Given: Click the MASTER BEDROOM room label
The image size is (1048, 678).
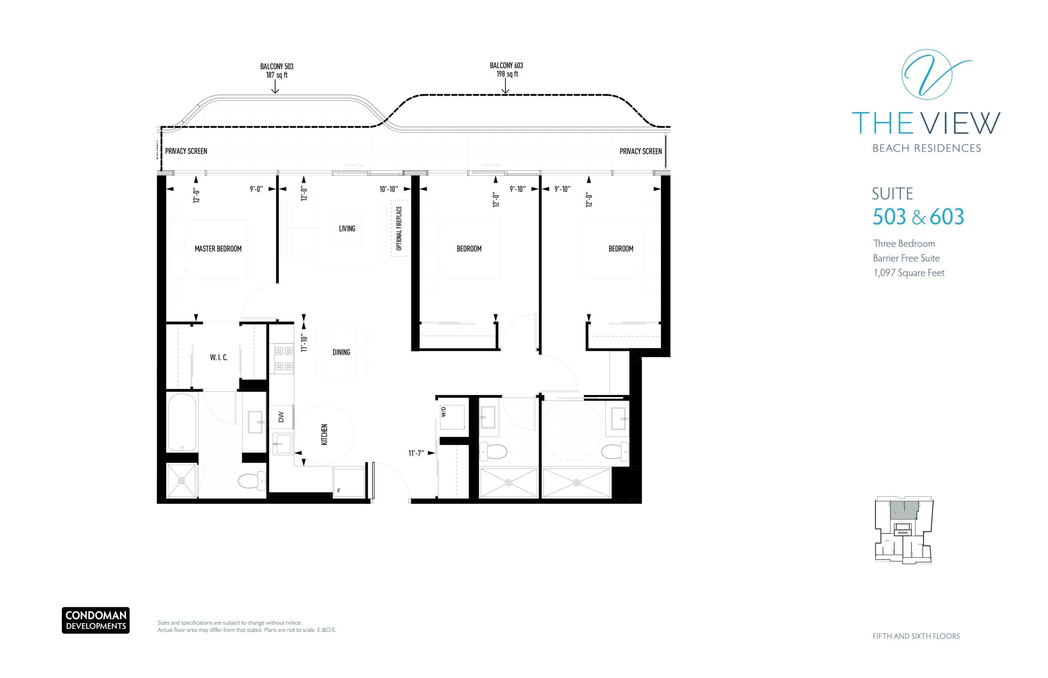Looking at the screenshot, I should pyautogui.click(x=218, y=249).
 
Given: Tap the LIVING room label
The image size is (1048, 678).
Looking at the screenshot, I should pyautogui.click(x=347, y=228).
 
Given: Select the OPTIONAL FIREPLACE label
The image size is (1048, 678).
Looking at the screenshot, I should pyautogui.click(x=399, y=228).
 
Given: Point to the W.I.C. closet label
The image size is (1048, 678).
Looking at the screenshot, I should pyautogui.click(x=219, y=357).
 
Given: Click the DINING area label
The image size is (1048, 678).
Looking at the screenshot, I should pyautogui.click(x=341, y=352).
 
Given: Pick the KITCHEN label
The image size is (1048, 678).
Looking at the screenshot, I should pyautogui.click(x=324, y=434).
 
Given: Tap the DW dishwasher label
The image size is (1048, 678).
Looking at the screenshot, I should pyautogui.click(x=281, y=416).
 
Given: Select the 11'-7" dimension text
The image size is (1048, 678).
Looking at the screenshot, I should pyautogui.click(x=416, y=453).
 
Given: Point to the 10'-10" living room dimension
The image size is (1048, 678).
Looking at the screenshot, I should pyautogui.click(x=388, y=189).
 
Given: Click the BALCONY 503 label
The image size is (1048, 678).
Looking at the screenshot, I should pyautogui.click(x=276, y=66).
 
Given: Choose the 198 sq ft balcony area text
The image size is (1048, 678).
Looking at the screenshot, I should pyautogui.click(x=507, y=74).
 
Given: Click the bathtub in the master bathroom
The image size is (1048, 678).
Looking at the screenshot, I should pyautogui.click(x=182, y=422).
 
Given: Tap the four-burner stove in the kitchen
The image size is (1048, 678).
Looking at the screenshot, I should pyautogui.click(x=284, y=358).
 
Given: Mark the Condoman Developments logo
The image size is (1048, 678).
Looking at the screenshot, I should pyautogui.click(x=95, y=620).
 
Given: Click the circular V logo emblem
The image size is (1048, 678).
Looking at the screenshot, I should pyautogui.click(x=926, y=75).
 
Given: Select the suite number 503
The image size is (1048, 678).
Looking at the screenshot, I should pyautogui.click(x=889, y=217).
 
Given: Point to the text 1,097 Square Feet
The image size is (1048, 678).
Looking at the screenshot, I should pyautogui.click(x=909, y=273).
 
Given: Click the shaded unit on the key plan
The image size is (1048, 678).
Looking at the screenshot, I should pyautogui.click(x=903, y=510).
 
